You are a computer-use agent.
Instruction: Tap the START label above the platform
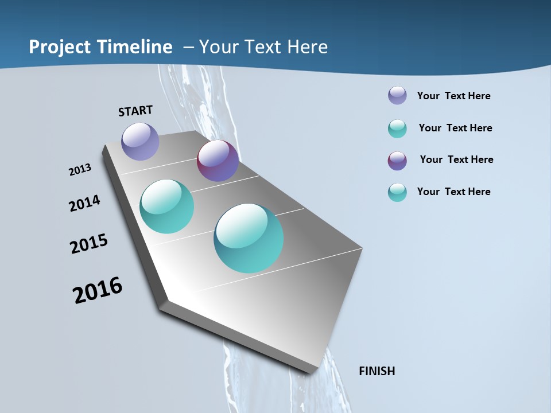click(x=135, y=111)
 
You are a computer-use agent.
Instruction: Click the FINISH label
click(x=377, y=371)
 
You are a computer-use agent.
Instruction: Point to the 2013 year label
click(x=80, y=170)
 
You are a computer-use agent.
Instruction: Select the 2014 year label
click(x=84, y=203)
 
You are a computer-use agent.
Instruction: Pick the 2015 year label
click(x=88, y=244)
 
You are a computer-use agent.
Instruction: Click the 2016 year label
click(x=98, y=291)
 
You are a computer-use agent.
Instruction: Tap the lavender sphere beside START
click(x=140, y=141)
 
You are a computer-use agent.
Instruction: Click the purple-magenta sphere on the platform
click(x=218, y=161)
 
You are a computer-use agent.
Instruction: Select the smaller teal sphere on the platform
click(x=166, y=206)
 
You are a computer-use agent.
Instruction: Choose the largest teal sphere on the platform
click(x=249, y=238)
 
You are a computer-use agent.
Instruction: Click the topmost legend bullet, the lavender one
click(x=397, y=95)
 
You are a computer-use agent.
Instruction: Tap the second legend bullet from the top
click(x=397, y=128)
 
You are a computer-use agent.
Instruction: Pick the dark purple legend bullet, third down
click(x=397, y=161)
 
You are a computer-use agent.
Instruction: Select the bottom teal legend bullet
click(x=397, y=192)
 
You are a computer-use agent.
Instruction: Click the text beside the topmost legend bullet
click(x=453, y=96)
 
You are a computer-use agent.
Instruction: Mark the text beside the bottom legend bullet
click(x=453, y=192)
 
